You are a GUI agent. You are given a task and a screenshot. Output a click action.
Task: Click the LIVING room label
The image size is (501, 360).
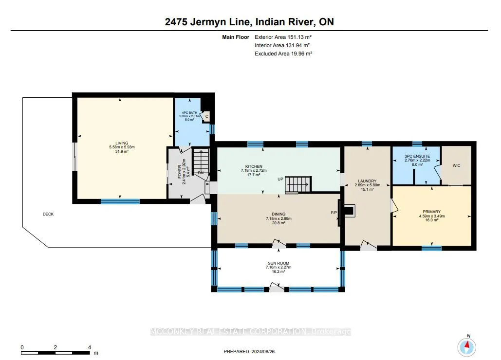pyautogui.click(x=122, y=144)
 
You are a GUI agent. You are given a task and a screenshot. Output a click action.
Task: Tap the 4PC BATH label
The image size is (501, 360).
pyautogui.click(x=189, y=113)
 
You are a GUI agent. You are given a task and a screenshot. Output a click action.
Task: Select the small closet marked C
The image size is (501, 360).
pyautogui.click(x=206, y=116)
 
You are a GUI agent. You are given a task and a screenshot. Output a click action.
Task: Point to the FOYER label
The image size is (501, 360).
pyautogui.click(x=180, y=171)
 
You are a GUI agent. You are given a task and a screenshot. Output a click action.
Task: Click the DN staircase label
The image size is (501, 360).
pyautogui.click(x=201, y=173)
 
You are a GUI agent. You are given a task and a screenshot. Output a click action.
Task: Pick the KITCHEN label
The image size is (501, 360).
pyautogui.click(x=254, y=166)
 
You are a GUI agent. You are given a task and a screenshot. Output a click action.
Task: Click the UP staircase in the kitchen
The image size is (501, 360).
pyautogui.click(x=298, y=184)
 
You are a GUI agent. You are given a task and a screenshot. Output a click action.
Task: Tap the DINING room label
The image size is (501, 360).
pyautogui.click(x=278, y=214)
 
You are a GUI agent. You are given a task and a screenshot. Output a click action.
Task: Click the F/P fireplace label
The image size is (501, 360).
pyautogui.click(x=334, y=213)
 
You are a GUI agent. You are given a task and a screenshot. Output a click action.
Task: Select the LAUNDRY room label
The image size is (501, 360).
pyautogui.click(x=367, y=181)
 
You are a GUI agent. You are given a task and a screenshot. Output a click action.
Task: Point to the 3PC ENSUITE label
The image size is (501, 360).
pyautogui.click(x=417, y=156)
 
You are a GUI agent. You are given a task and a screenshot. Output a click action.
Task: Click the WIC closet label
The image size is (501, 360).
pyautogui.click(x=456, y=165)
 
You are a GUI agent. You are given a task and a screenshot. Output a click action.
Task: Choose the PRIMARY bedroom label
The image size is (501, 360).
pyautogui.click(x=432, y=212)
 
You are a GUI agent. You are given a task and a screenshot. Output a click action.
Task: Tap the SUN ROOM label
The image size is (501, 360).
pyautogui.click(x=278, y=263)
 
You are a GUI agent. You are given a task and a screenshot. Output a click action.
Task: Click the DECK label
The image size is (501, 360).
pyautogui.click(x=48, y=214)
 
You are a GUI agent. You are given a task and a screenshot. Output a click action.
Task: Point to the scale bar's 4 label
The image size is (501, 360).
pyautogui.click(x=90, y=347)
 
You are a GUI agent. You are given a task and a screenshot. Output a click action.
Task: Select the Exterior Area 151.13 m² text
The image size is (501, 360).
pyautogui.click(x=283, y=37)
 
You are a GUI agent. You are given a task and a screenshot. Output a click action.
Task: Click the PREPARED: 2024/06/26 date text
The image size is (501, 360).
pyautogui.click(x=249, y=351)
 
